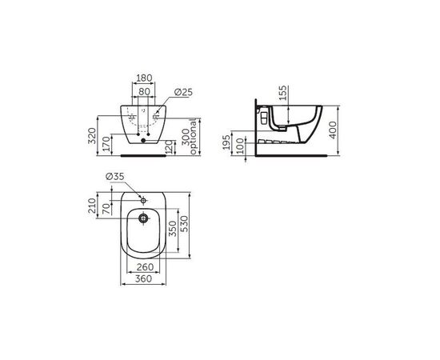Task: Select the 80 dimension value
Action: pos(145,92)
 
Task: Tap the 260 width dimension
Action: pos(144,268)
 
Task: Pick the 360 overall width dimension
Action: pos(144,279)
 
